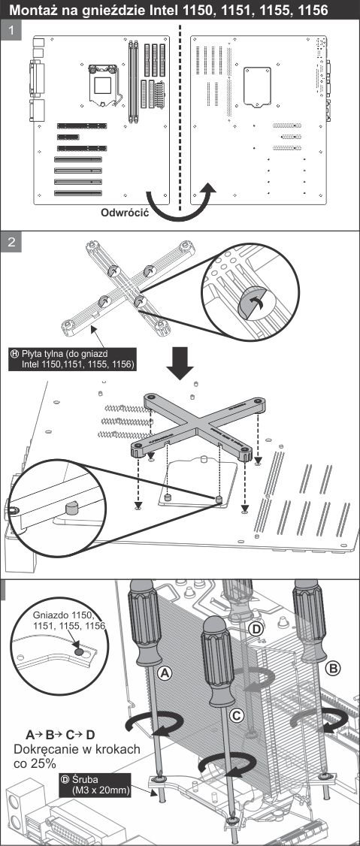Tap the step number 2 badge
coord(11,242)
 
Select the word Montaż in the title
coord(35,10)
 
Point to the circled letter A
coord(165,672)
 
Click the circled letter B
coord(334,669)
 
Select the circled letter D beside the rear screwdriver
coord(257,628)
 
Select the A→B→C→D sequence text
coord(60,735)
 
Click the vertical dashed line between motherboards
coord(180,116)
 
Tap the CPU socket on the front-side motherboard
coord(104,85)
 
